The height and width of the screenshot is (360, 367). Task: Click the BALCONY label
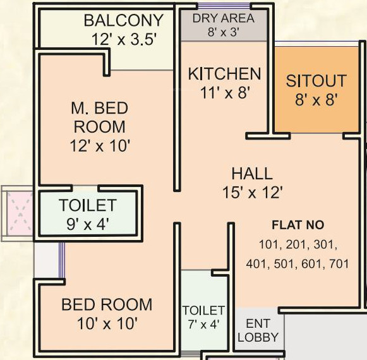coord(123,21)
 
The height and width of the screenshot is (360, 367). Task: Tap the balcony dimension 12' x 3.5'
coord(123,39)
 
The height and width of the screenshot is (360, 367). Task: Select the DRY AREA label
coord(224,18)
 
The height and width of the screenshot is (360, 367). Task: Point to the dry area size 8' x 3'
coord(224,32)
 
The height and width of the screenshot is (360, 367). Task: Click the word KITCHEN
coord(224,74)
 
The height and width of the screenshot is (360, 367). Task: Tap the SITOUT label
coord(316,81)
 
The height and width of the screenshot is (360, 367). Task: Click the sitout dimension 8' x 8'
coord(316,99)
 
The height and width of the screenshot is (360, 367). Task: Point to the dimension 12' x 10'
coord(99,146)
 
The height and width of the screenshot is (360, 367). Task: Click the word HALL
coord(251,174)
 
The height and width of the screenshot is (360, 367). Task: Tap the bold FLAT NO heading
coord(298,225)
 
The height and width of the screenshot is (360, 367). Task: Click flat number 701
coord(339,265)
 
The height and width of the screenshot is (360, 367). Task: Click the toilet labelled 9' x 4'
coord(87,213)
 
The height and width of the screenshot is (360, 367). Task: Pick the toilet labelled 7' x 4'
coord(203,317)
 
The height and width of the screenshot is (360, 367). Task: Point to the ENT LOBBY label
coord(258,331)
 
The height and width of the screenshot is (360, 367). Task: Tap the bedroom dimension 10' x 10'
coord(106,323)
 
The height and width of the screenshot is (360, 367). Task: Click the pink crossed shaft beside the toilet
coord(17,212)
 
